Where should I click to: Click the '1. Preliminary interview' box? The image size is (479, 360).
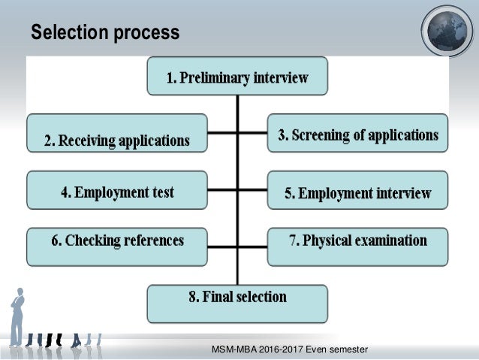tap(237, 77)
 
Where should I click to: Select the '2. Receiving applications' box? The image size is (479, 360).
tap(116, 133)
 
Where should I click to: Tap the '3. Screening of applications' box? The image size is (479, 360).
tap(357, 134)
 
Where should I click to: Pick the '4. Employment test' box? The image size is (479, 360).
tap(116, 191)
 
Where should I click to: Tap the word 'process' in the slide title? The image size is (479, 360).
tap(146, 34)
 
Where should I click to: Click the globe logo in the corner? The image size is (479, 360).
tap(447, 32)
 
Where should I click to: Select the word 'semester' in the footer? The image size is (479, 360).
tap(351, 350)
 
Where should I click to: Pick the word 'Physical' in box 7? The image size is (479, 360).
tap(329, 241)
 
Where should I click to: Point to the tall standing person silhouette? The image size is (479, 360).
tap(17, 316)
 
